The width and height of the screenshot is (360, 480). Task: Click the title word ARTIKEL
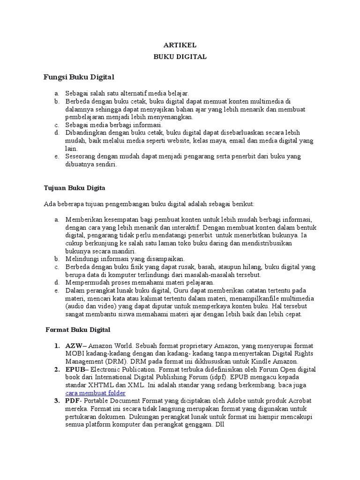coord(180,45)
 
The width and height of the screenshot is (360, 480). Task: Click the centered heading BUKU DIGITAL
coord(180,57)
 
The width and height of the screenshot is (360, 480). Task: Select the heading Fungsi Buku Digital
coord(79,76)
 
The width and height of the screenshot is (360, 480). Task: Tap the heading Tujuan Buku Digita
coord(75,188)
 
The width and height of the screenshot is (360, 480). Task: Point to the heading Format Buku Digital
coord(78,330)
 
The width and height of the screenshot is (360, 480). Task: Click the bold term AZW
coord(73,346)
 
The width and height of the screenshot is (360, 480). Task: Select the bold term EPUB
coord(75,370)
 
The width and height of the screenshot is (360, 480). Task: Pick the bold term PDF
coord(72,401)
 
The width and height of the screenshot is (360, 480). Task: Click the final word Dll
coord(220,425)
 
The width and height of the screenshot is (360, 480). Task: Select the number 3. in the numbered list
coord(56,401)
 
